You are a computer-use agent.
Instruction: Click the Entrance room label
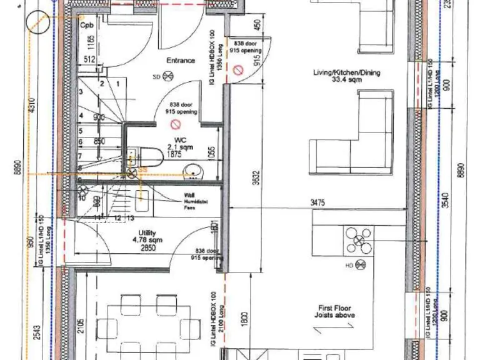(180, 61)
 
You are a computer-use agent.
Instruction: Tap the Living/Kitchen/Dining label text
(346, 72)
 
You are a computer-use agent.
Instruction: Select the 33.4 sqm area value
(346, 80)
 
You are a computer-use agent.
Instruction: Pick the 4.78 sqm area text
(147, 239)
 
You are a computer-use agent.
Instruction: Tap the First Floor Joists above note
(336, 312)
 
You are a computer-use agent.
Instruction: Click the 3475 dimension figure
(319, 202)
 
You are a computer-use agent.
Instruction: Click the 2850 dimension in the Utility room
(147, 247)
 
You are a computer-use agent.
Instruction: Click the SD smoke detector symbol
(167, 77)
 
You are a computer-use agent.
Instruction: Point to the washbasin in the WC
(193, 170)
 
